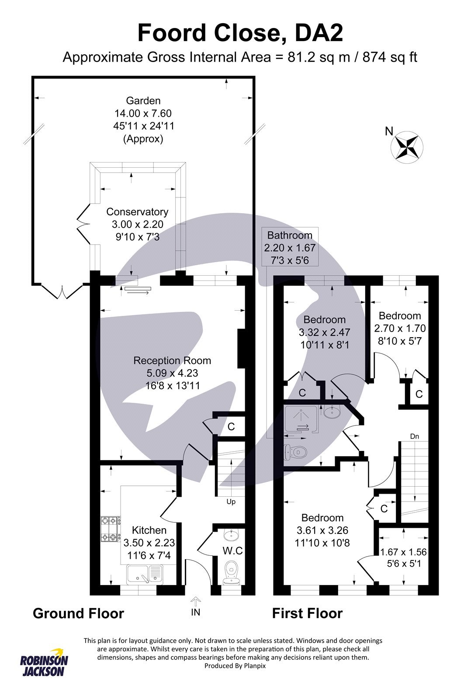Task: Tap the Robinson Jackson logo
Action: click(44, 662)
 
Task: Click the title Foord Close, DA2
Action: click(240, 33)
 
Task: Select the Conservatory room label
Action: click(137, 212)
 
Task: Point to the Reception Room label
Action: click(172, 361)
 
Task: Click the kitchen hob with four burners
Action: click(110, 529)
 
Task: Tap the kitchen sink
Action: click(144, 575)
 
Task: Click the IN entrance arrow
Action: click(195, 602)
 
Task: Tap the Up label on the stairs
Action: click(231, 502)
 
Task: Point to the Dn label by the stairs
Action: click(415, 436)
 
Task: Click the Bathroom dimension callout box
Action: click(290, 247)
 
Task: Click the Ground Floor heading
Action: click(79, 613)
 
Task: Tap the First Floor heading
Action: click(307, 613)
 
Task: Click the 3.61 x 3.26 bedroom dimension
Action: click(322, 530)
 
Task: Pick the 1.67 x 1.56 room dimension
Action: click(404, 552)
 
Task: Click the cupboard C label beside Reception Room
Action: click(231, 426)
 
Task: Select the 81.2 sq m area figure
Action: click(319, 57)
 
